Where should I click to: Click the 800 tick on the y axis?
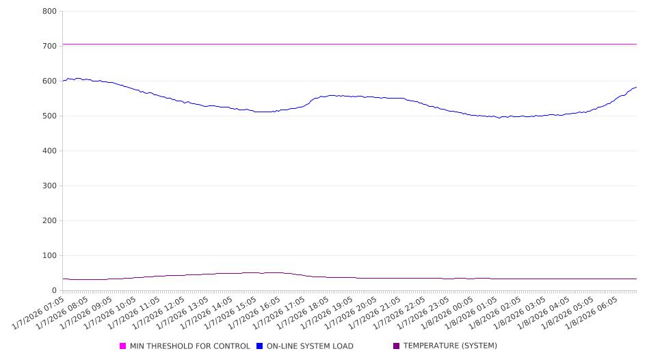click(49, 11)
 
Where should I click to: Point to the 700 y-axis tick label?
click(49, 46)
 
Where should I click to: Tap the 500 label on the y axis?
click(49, 116)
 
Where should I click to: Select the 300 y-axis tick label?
click(49, 185)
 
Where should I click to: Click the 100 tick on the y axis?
click(49, 255)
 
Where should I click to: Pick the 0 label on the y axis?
click(54, 290)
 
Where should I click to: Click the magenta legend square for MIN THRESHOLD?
click(123, 346)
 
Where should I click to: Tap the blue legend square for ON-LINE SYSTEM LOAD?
click(260, 346)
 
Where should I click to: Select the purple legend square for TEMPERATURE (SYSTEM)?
click(397, 346)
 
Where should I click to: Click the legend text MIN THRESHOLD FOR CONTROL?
click(189, 346)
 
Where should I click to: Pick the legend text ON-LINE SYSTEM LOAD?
click(310, 346)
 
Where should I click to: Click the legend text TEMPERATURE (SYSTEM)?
click(450, 346)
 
